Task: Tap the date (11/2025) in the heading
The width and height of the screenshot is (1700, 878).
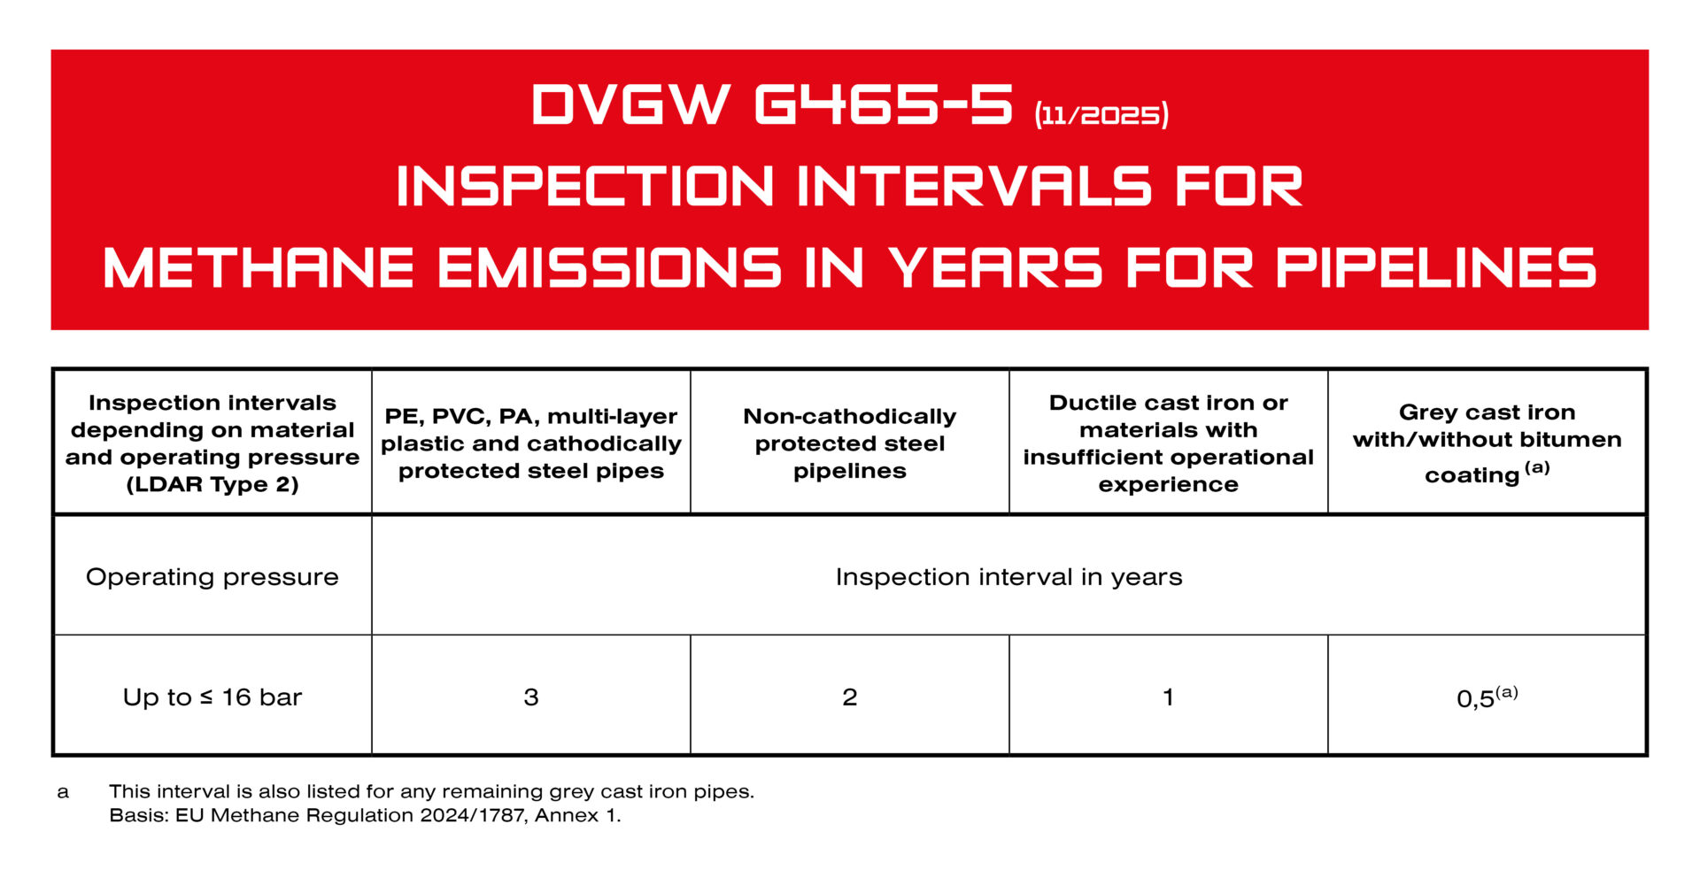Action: [x=1101, y=115]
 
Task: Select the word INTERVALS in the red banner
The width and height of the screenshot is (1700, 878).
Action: [x=974, y=188]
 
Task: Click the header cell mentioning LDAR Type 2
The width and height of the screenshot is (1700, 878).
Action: [x=212, y=443]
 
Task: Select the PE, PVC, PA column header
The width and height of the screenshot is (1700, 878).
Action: [x=531, y=443]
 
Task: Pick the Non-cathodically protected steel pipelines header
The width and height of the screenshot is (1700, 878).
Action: [x=850, y=443]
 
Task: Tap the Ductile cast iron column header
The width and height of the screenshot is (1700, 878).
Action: [x=1169, y=443]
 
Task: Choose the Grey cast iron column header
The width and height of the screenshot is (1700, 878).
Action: [x=1487, y=443]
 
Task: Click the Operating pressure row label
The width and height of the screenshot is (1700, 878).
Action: [x=212, y=577]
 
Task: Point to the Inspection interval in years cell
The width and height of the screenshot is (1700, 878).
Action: [x=1008, y=577]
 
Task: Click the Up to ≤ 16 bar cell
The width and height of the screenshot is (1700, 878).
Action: [x=212, y=697]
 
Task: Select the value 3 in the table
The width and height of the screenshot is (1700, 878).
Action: [x=531, y=697]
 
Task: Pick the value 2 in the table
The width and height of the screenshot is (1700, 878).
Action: [x=850, y=697]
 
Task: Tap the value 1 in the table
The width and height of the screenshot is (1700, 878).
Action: [x=1169, y=697]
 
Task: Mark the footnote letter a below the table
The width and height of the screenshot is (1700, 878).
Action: [x=63, y=792]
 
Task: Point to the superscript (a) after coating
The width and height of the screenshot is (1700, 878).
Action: [x=1537, y=467]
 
